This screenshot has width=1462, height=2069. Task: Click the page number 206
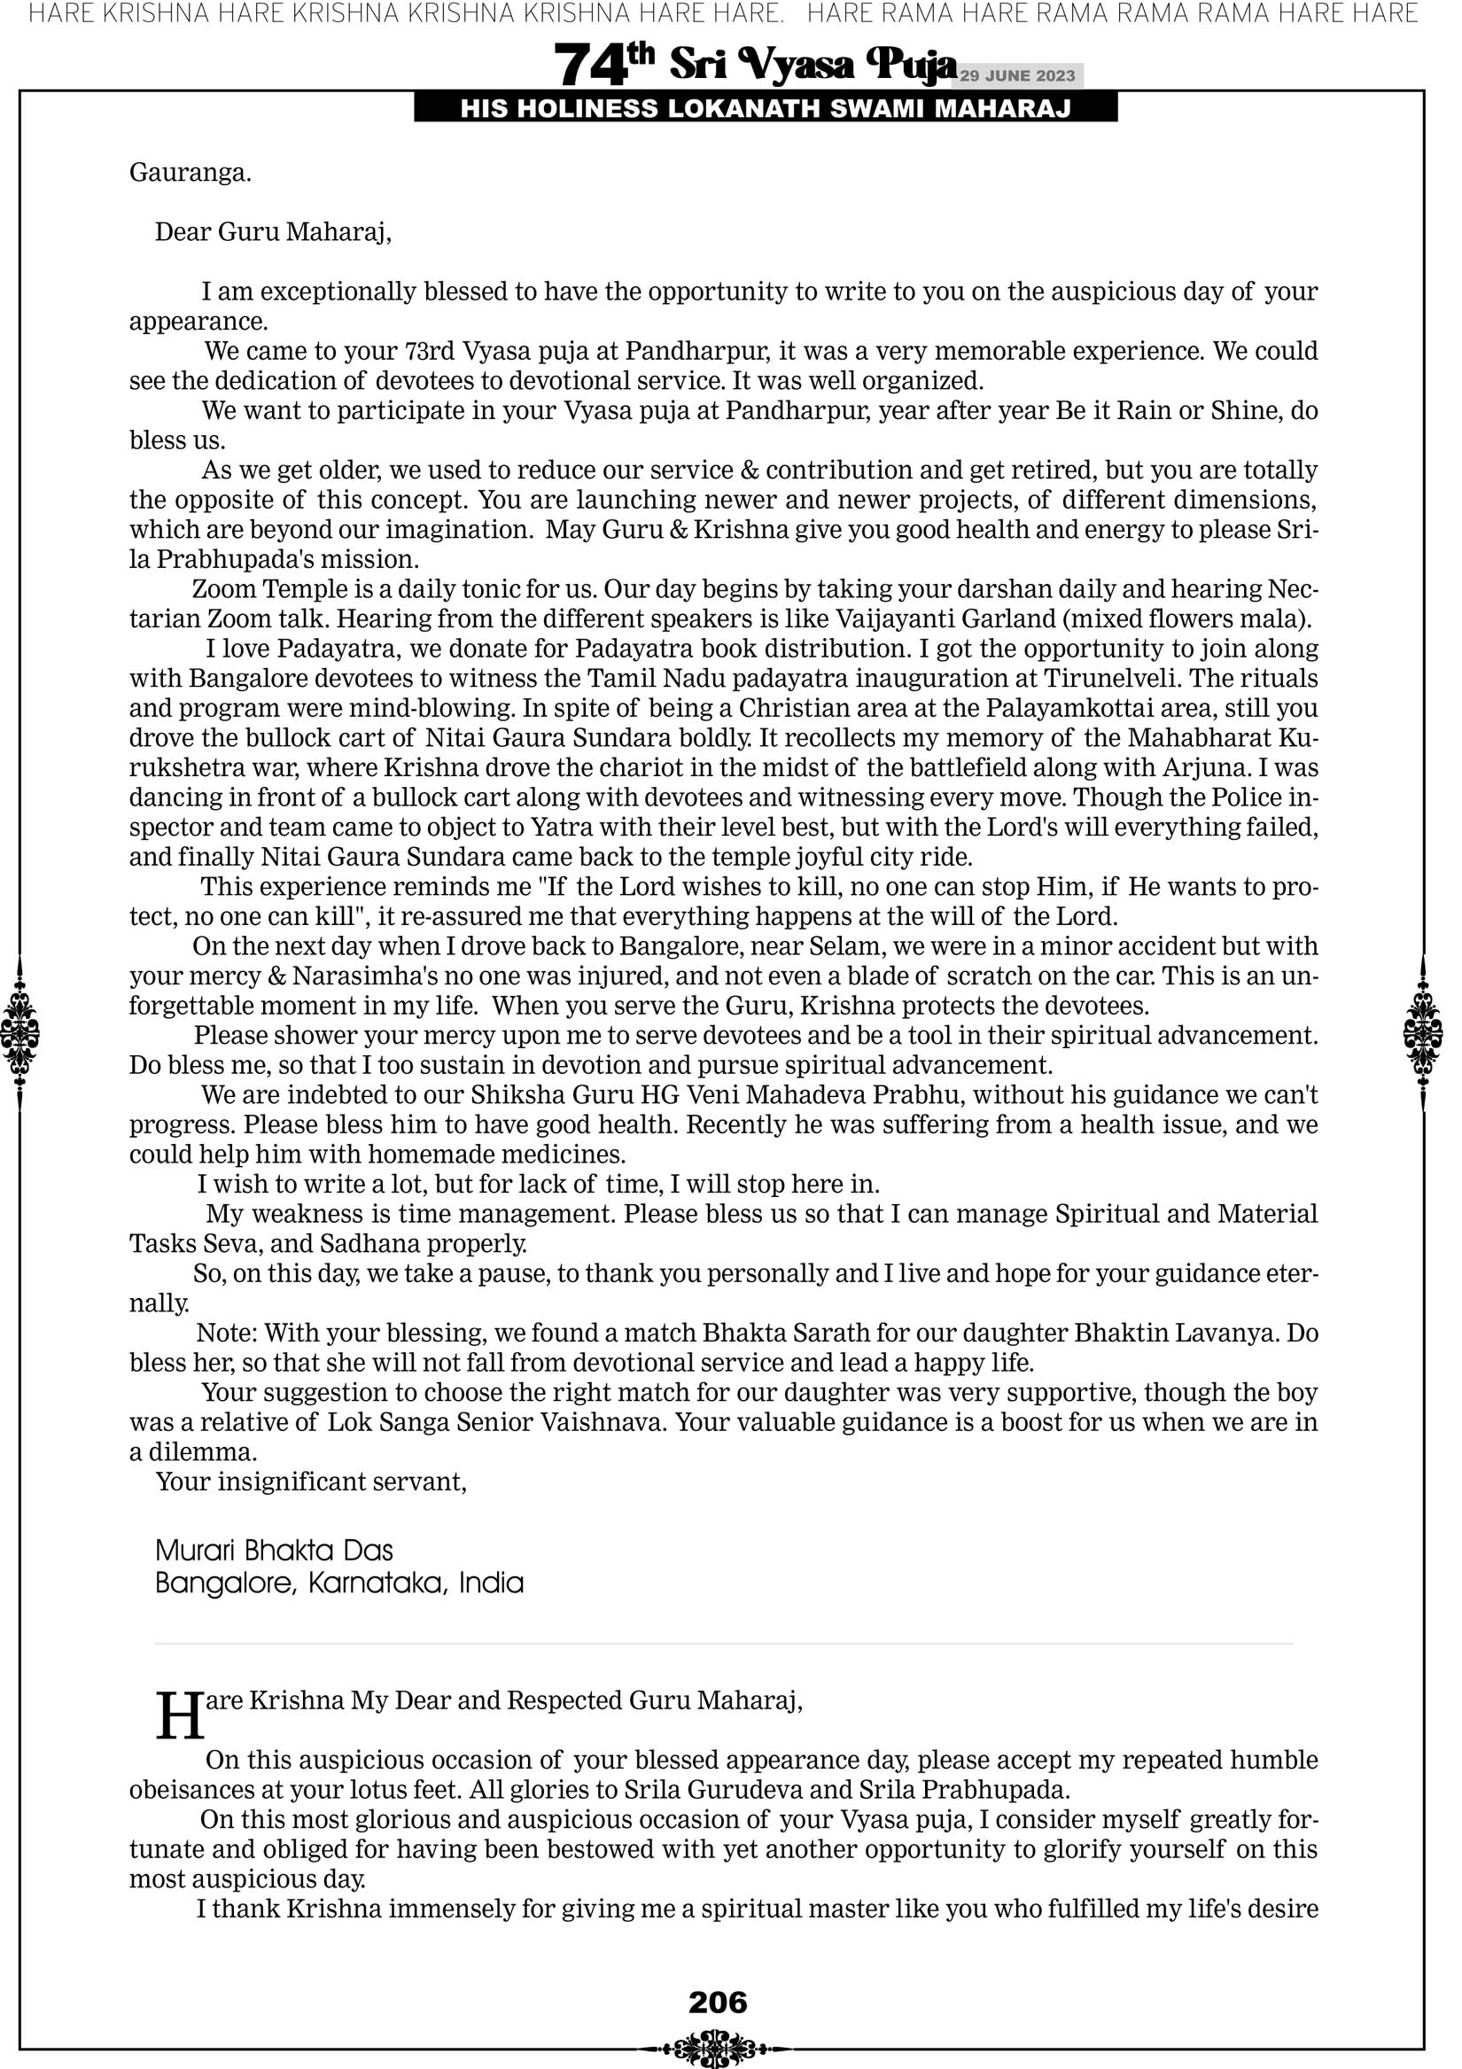718,2003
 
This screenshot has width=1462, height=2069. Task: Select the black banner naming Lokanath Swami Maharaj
766,109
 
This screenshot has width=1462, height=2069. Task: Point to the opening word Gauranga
191,172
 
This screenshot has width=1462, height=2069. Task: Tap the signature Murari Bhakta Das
274,1551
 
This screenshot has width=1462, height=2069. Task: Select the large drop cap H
179,1715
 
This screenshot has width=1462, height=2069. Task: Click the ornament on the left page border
19,1032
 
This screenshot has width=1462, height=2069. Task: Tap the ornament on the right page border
1424,1032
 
